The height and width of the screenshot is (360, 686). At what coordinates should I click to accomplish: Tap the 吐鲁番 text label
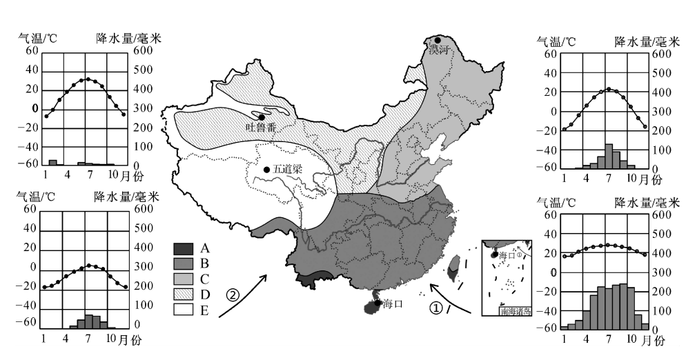click(262, 128)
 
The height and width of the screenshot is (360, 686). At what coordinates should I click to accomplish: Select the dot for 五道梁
click(266, 169)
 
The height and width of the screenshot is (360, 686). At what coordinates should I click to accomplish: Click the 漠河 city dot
click(438, 41)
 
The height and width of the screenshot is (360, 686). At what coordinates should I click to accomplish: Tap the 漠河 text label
click(439, 50)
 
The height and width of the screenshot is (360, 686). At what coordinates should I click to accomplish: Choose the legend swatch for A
click(184, 248)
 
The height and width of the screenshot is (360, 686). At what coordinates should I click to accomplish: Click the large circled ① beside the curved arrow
click(435, 309)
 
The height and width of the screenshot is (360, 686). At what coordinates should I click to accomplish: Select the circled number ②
click(233, 296)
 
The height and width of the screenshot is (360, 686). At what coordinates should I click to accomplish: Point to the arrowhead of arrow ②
click(264, 277)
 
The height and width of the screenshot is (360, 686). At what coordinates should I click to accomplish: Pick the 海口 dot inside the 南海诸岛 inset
click(494, 254)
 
